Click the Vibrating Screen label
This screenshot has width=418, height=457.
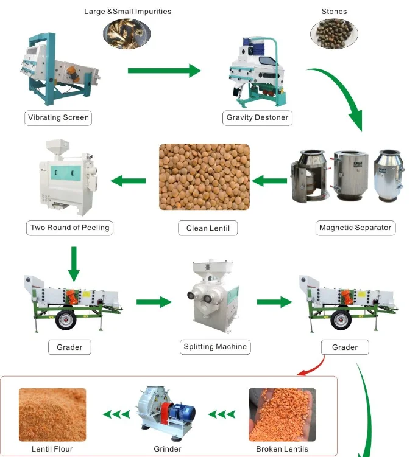[x=58, y=117]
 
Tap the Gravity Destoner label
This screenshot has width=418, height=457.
[x=257, y=117]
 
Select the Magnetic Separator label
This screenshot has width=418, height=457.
[x=356, y=228]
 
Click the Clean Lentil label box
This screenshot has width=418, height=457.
[x=208, y=229]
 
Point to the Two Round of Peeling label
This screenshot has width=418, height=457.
[x=70, y=228]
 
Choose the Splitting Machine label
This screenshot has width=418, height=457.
[x=215, y=347]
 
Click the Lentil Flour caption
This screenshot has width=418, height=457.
[x=52, y=449]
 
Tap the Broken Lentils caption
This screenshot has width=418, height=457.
[x=282, y=449]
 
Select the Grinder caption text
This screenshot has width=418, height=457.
[x=167, y=449]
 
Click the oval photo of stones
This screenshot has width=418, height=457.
[x=334, y=33]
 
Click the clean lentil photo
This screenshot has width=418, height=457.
[x=204, y=177]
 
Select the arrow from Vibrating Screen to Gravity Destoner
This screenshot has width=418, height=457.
[x=164, y=71]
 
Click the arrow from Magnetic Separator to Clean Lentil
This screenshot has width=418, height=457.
[x=269, y=181]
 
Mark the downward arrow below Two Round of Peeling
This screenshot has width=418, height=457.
[x=74, y=260]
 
